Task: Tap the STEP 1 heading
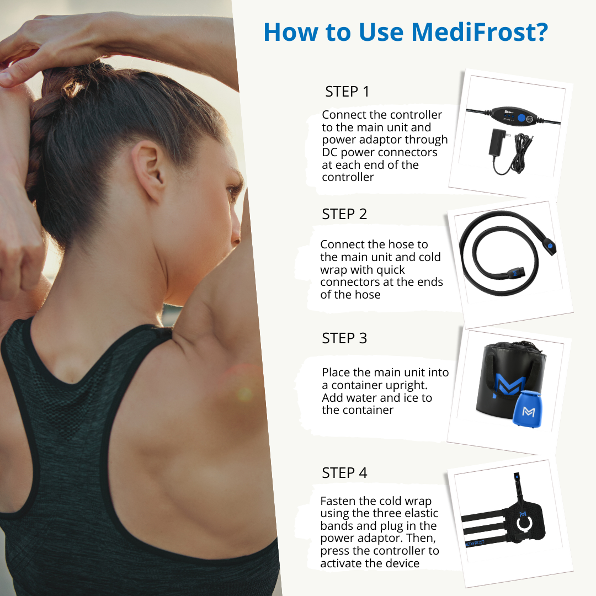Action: pyautogui.click(x=347, y=92)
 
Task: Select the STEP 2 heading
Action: pyautogui.click(x=344, y=214)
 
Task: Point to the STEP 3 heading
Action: pyautogui.click(x=344, y=338)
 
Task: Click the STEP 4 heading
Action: pyautogui.click(x=344, y=473)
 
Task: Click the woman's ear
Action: pyautogui.click(x=149, y=166)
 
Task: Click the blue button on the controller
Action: pyautogui.click(x=520, y=117)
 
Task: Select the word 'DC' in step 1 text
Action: pyautogui.click(x=329, y=152)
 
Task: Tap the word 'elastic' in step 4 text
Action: pyautogui.click(x=418, y=514)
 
